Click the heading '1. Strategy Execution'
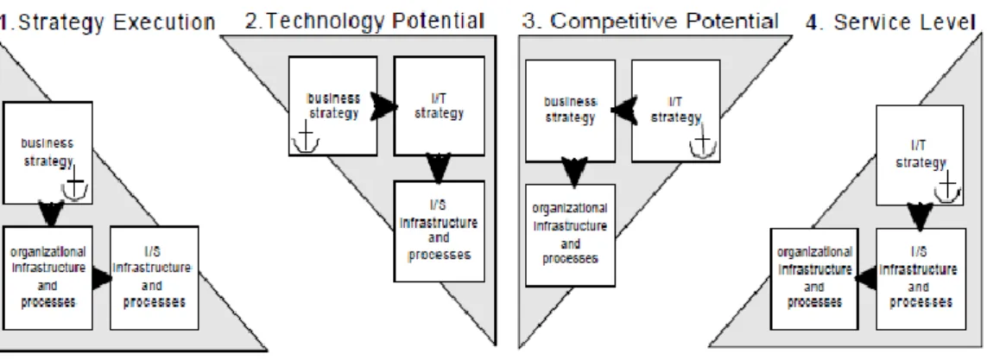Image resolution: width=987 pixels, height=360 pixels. [x=108, y=22]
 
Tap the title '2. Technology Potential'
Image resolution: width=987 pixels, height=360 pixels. [x=364, y=22]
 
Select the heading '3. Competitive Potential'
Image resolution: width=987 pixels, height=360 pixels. [x=649, y=22]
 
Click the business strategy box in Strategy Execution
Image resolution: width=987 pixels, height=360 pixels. [x=47, y=153]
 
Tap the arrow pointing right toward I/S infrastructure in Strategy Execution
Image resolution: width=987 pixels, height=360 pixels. [x=102, y=278]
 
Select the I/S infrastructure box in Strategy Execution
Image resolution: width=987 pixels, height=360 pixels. [x=155, y=278]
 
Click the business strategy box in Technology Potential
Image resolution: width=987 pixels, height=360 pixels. [x=333, y=105]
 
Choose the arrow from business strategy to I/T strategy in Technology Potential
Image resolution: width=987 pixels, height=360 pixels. [x=384, y=106]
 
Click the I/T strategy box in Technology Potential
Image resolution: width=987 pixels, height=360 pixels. [x=440, y=105]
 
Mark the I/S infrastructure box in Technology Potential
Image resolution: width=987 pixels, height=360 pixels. [x=440, y=231]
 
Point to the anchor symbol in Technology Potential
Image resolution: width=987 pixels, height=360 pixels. [x=306, y=137]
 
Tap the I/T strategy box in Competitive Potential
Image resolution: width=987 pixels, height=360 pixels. [x=675, y=111]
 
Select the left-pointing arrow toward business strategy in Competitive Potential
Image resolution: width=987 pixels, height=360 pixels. [x=623, y=111]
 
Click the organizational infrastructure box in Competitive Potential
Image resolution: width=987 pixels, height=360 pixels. [x=570, y=235]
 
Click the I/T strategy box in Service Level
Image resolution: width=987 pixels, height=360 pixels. [x=920, y=155]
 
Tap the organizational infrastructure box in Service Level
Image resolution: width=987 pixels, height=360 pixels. [x=814, y=279]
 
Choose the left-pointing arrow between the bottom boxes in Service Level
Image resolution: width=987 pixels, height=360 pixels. [x=867, y=278]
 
